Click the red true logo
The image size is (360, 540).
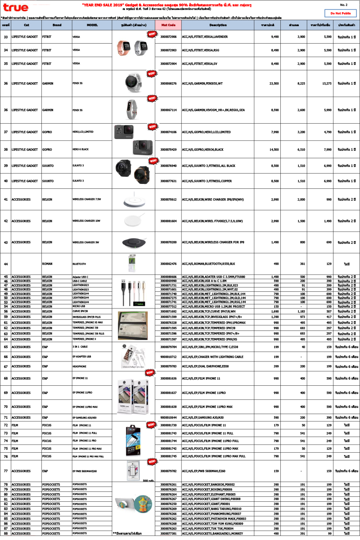coord(15,7)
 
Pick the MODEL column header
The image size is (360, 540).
coord(92,25)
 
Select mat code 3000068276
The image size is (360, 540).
coord(168,83)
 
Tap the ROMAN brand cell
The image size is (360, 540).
coord(47,263)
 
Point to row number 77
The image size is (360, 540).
coord(6,471)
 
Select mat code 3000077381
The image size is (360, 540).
coord(168,533)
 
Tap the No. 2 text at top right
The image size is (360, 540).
coord(343,4)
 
